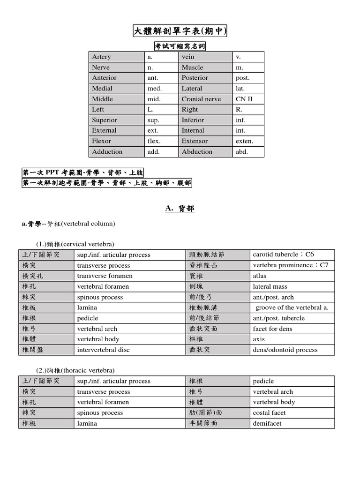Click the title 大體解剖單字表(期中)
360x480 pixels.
(180, 31)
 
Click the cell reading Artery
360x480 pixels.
(102, 57)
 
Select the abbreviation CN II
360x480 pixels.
(244, 99)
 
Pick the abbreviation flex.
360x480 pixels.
(154, 141)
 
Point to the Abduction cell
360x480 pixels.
(197, 152)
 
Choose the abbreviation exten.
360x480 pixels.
(244, 141)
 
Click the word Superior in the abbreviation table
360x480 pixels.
(105, 120)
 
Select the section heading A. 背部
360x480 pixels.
(180, 209)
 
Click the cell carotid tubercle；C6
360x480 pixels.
(283, 255)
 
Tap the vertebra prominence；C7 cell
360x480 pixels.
(291, 265)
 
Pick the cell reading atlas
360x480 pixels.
(260, 276)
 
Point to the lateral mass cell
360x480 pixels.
(270, 286)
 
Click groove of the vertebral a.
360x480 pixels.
(292, 307)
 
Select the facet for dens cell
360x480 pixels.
(272, 329)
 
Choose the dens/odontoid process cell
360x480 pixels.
(285, 350)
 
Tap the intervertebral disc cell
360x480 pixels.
(104, 350)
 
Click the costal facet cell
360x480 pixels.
(269, 413)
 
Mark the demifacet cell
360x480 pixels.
(267, 423)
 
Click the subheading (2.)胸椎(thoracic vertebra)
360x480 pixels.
(75, 370)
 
